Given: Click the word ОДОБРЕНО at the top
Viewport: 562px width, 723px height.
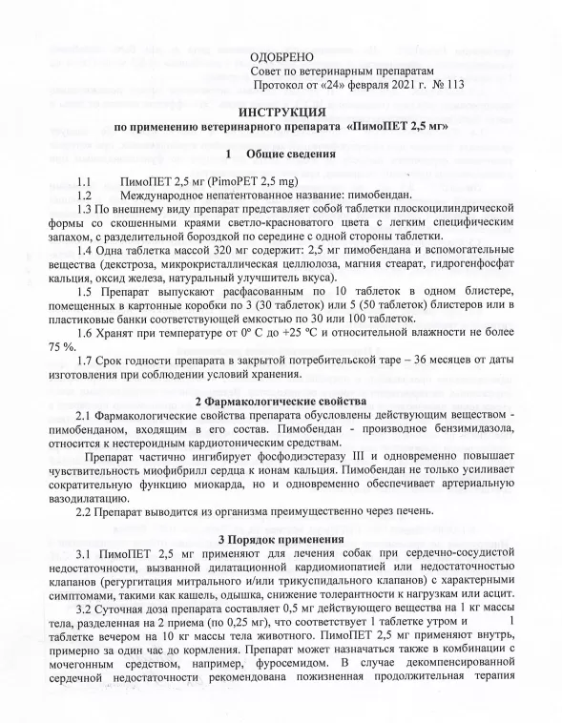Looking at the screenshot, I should [281, 59].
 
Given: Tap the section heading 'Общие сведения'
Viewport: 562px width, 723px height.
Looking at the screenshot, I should [290, 154].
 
